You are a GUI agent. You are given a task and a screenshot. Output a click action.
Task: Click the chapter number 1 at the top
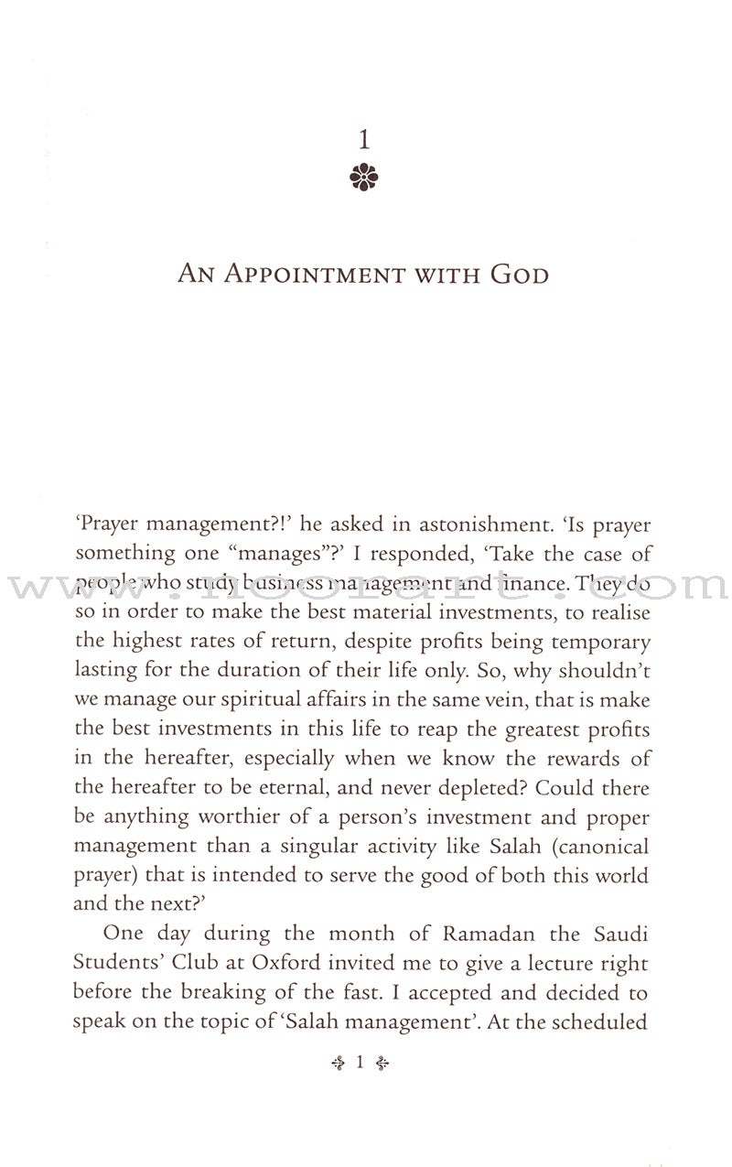[x=364, y=140]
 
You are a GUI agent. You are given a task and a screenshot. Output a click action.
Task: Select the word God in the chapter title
[x=519, y=274]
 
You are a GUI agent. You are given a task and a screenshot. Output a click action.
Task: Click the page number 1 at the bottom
[x=361, y=1063]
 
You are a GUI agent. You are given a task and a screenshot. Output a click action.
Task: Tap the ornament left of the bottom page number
[x=338, y=1063]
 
